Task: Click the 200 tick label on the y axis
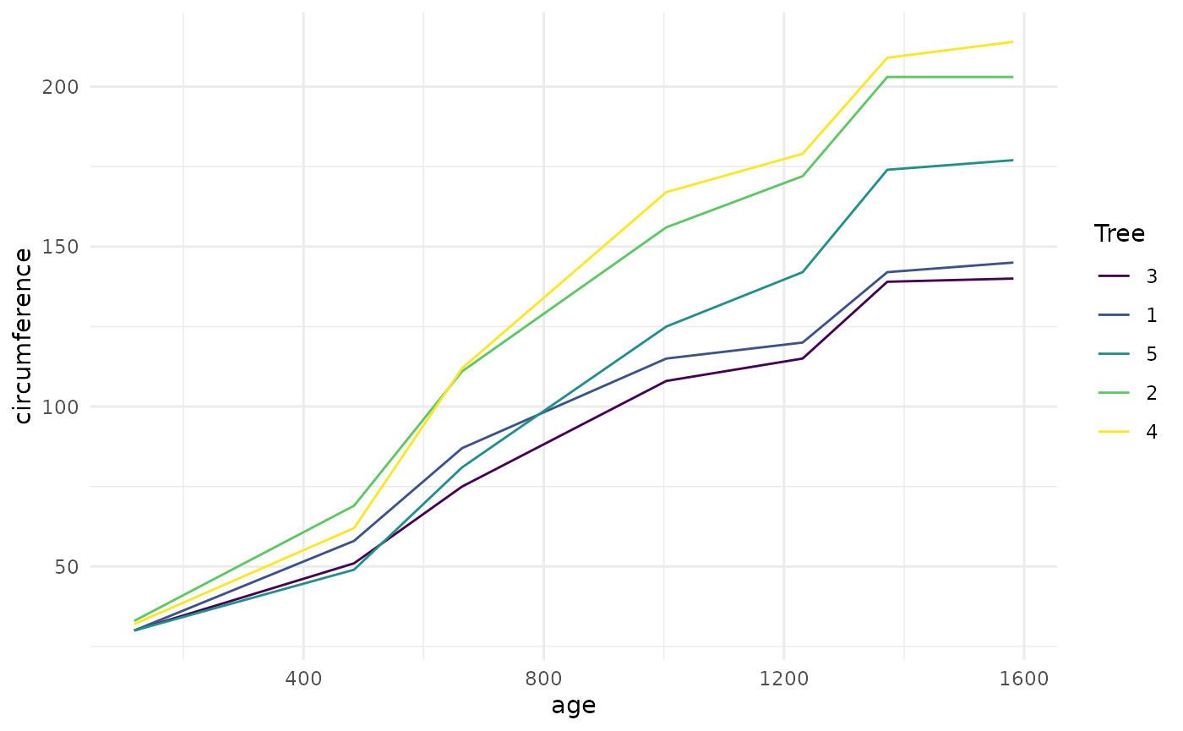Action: point(59,87)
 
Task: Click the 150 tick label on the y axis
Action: point(59,247)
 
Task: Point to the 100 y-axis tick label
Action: point(59,406)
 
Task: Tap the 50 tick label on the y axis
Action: point(67,566)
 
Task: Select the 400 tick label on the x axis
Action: point(303,679)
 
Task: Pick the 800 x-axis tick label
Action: point(543,679)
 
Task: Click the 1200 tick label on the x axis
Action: point(784,679)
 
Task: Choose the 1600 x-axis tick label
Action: point(1024,679)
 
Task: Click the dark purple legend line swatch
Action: point(1114,276)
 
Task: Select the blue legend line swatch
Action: point(1114,315)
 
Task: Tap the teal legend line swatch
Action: point(1114,354)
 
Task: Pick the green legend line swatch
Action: point(1114,393)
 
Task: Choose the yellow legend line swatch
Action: point(1114,432)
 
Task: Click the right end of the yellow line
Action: point(1013,41)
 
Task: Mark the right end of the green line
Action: point(1013,77)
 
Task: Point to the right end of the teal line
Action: point(1013,160)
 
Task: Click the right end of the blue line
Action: point(1013,262)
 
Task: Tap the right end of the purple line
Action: point(1013,278)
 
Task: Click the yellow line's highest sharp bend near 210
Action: point(887,57)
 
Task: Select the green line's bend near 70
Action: point(353,505)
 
